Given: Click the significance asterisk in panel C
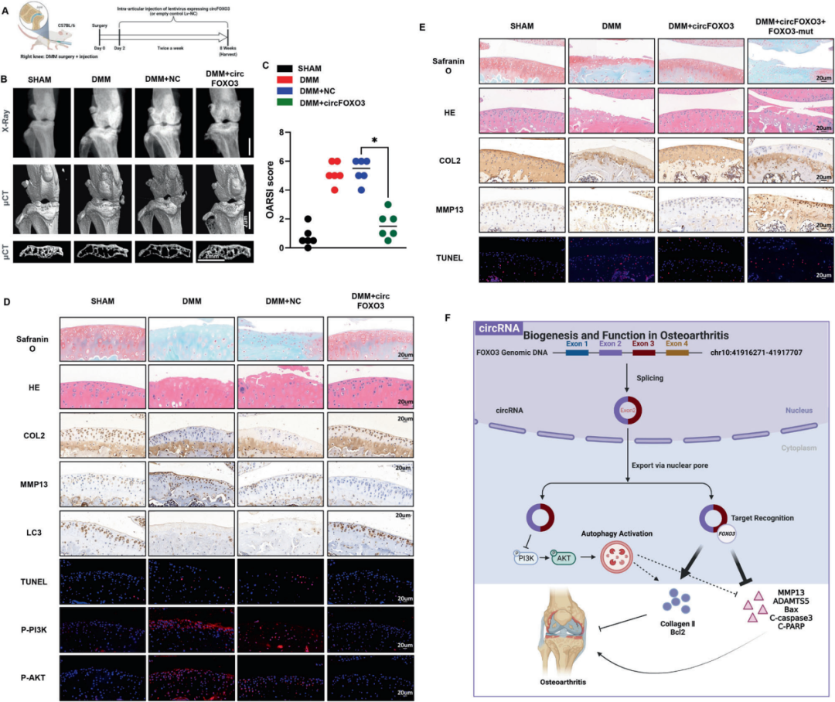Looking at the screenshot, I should tap(374, 141).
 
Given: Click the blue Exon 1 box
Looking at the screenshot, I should tap(577, 352).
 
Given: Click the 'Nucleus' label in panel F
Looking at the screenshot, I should tap(796, 410).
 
